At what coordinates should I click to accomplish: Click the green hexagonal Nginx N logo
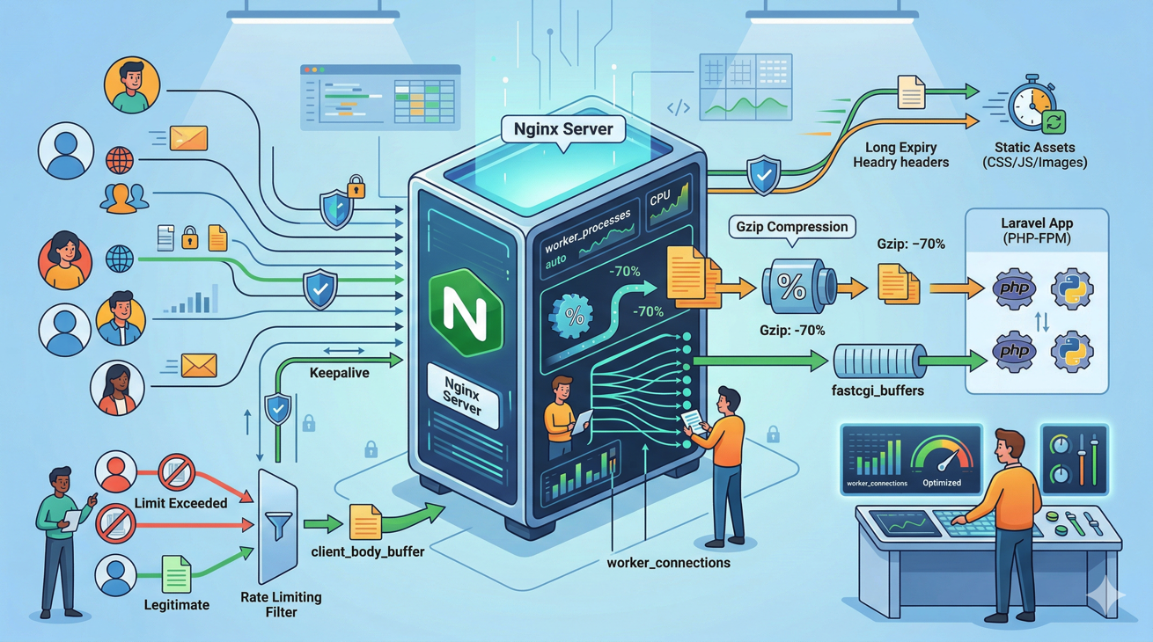(x=465, y=313)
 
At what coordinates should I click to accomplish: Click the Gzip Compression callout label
(x=792, y=227)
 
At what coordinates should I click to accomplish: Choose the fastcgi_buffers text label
(x=878, y=390)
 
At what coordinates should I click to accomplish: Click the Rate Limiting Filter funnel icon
(x=278, y=526)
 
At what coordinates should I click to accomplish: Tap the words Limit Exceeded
(x=180, y=503)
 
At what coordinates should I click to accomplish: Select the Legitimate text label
(x=176, y=605)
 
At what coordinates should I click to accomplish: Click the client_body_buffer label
(x=368, y=552)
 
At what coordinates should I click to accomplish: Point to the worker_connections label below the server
(x=668, y=563)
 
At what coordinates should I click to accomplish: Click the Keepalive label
(x=339, y=373)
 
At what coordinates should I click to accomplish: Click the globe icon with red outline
(x=120, y=161)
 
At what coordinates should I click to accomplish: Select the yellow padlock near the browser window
(x=356, y=186)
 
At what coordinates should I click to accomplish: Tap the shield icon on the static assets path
(x=763, y=176)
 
